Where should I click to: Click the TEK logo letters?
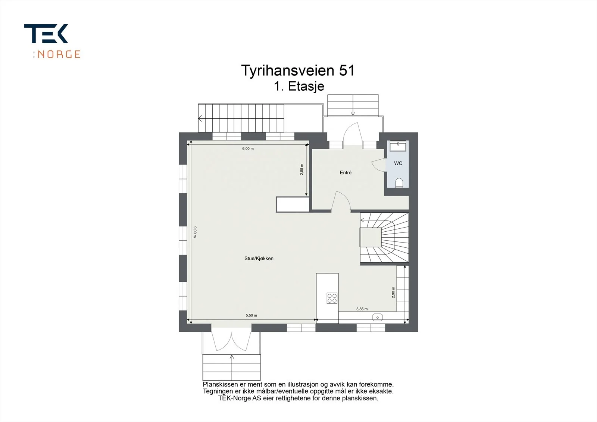click(x=46, y=34)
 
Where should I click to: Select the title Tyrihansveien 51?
click(x=298, y=71)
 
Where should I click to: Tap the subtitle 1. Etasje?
click(x=299, y=86)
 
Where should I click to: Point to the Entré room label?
click(x=346, y=172)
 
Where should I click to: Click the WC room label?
click(x=398, y=163)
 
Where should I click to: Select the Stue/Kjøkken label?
click(x=259, y=258)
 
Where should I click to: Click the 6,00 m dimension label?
click(x=248, y=149)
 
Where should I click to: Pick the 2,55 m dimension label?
click(x=302, y=169)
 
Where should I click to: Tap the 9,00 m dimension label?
click(x=195, y=232)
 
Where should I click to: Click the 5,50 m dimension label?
click(x=251, y=315)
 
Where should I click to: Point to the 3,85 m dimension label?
click(x=362, y=309)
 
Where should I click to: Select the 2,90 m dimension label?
click(x=393, y=292)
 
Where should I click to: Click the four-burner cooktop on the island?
click(x=332, y=298)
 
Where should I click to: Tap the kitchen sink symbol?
click(x=377, y=317)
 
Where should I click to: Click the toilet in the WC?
click(x=399, y=183)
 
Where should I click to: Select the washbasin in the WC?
click(x=398, y=146)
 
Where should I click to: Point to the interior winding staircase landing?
click(x=370, y=237)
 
